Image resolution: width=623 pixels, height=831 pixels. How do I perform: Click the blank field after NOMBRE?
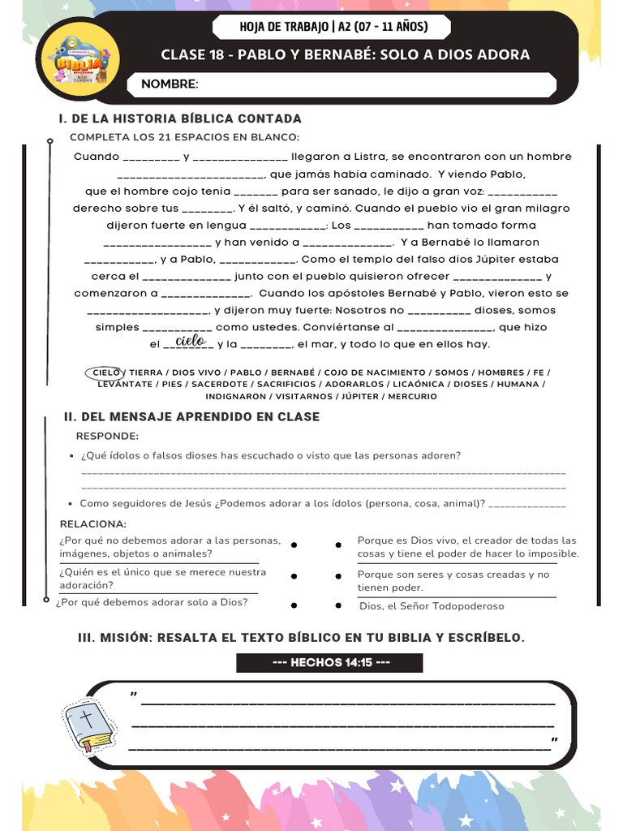click(x=373, y=84)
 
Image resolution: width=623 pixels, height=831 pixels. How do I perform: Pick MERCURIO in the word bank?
click(x=412, y=396)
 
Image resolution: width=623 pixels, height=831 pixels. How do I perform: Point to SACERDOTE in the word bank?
click(x=220, y=384)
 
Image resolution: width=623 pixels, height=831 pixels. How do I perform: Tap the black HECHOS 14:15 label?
click(x=330, y=662)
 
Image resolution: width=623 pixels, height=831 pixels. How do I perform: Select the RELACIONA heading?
click(x=92, y=523)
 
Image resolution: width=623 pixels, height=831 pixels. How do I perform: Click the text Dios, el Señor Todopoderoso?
click(x=432, y=606)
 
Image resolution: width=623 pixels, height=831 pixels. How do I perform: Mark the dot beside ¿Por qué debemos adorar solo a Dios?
click(x=294, y=605)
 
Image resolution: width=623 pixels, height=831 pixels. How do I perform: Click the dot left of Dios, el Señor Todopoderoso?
click(x=338, y=605)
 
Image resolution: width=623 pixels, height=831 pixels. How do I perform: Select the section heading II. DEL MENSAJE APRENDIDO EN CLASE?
click(x=191, y=416)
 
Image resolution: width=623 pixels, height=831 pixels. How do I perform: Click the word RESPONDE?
click(x=107, y=436)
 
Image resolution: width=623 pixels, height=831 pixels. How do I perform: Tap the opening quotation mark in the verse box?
click(x=133, y=695)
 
